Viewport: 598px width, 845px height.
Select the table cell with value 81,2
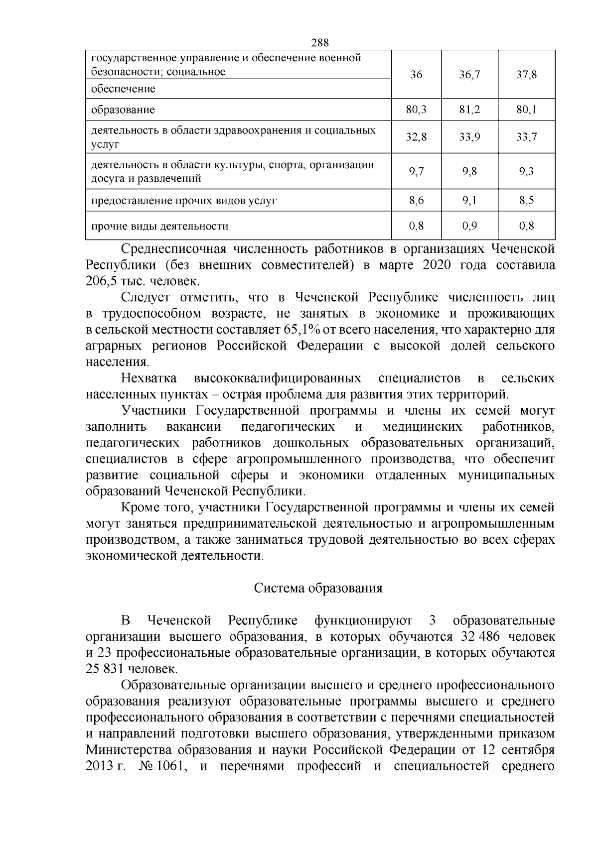(x=469, y=110)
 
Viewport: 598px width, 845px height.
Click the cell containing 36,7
(x=469, y=75)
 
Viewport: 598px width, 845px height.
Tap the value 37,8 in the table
(x=526, y=75)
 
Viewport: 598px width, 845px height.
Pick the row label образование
(x=123, y=110)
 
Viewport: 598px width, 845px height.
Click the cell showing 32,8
(x=416, y=137)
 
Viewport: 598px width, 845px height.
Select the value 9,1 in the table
(x=469, y=201)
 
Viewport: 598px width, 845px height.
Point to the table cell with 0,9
(x=469, y=226)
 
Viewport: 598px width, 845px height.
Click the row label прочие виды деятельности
(x=160, y=227)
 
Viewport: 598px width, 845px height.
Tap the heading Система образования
(x=318, y=588)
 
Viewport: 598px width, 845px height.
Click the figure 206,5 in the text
(x=101, y=281)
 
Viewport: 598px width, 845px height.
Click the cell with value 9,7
(x=416, y=172)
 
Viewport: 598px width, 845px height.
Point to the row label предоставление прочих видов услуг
(x=184, y=201)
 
